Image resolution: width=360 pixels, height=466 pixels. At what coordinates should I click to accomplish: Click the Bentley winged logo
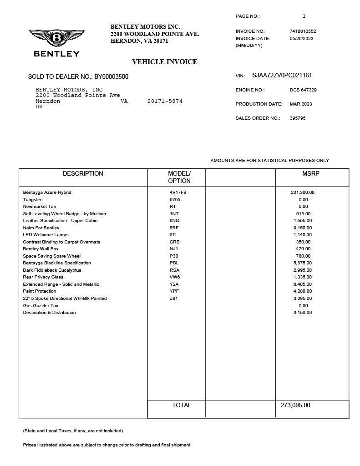(56, 38)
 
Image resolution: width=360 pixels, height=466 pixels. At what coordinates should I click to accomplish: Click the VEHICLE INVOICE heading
(164, 62)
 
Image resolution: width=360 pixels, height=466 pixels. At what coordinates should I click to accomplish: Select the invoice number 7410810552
(303, 31)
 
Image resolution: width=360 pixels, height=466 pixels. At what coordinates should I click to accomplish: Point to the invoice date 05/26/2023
(301, 39)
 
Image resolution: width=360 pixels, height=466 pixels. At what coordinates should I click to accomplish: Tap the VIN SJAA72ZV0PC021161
(282, 76)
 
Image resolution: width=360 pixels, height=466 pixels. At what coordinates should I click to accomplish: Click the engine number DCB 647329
(303, 90)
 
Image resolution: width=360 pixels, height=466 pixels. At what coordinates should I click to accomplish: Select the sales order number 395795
(298, 118)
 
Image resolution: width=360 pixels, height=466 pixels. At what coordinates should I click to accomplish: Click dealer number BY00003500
(111, 76)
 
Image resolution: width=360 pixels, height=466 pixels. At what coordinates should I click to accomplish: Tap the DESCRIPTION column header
(83, 173)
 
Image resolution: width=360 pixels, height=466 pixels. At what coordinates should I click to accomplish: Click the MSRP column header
(311, 173)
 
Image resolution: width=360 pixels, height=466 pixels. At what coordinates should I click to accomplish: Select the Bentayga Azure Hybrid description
(47, 192)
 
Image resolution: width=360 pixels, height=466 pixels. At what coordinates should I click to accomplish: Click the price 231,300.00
(302, 192)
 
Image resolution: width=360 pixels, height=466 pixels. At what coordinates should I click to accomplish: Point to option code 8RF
(174, 228)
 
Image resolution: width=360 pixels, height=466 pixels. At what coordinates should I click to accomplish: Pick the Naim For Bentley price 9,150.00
(302, 228)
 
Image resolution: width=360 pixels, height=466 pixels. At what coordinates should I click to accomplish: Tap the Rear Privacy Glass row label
(43, 277)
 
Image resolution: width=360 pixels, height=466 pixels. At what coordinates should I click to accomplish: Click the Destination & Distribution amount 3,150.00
(302, 313)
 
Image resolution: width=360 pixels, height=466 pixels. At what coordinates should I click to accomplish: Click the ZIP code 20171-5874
(165, 101)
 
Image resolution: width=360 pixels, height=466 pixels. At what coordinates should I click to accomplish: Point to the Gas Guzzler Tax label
(41, 306)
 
